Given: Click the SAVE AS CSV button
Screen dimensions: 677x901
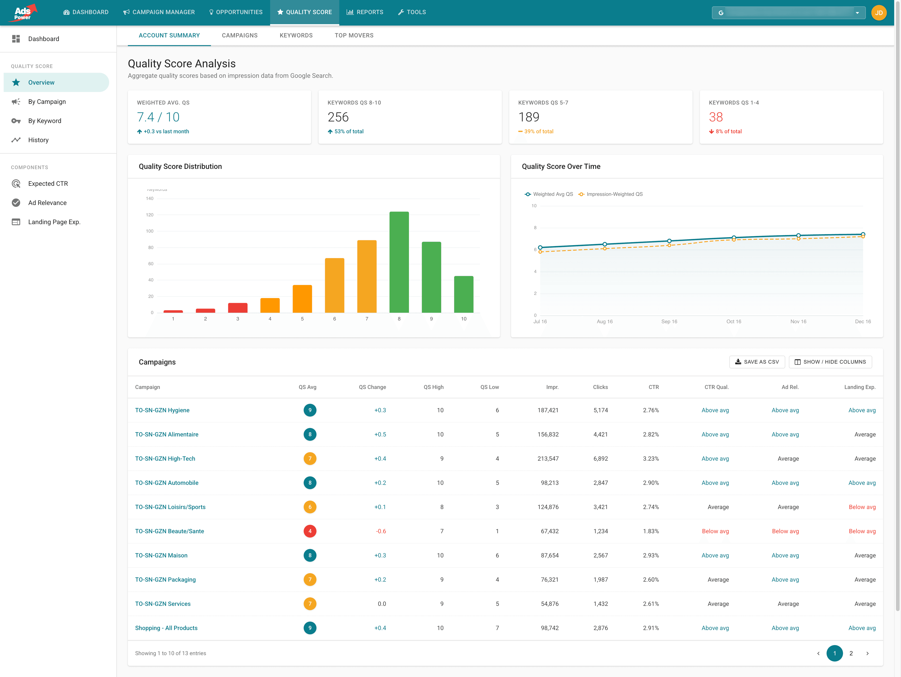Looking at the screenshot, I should (756, 362).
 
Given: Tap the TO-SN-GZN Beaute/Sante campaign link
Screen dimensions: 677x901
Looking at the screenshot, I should (169, 531).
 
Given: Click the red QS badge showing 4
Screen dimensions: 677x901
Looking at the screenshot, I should (309, 531).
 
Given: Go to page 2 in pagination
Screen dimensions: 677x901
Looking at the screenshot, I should (851, 653).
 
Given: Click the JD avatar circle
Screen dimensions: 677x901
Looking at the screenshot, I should (879, 13).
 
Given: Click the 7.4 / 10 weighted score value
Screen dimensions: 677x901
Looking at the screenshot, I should (158, 117).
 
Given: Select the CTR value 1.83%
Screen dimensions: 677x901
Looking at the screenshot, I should (650, 531).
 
